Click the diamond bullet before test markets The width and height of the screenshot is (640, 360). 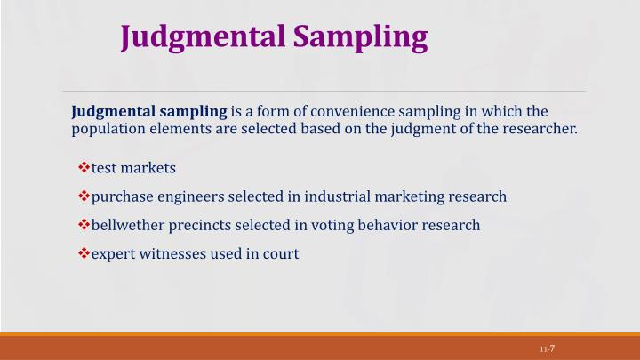(x=84, y=168)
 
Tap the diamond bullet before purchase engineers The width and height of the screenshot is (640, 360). (x=84, y=196)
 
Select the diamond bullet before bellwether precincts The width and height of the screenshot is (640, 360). (x=84, y=225)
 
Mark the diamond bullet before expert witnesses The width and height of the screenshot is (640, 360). (x=84, y=253)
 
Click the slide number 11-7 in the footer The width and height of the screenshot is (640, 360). (x=547, y=348)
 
